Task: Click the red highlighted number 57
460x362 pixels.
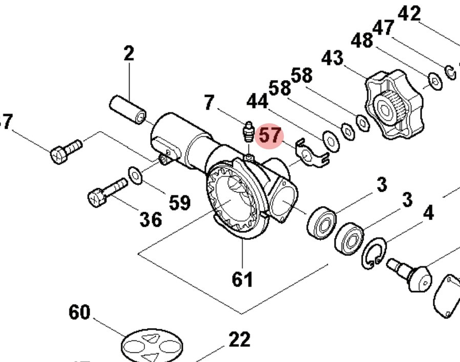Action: click(x=270, y=136)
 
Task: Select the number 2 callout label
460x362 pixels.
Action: click(x=129, y=53)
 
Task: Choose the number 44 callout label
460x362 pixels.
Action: click(x=257, y=102)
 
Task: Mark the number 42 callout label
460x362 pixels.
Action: click(x=409, y=13)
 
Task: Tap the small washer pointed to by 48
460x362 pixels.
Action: click(x=435, y=81)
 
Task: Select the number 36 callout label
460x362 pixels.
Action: click(x=151, y=219)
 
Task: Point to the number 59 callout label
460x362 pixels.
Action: click(x=180, y=203)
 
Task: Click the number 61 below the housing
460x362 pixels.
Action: click(x=242, y=279)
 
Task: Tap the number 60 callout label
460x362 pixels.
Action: click(x=79, y=312)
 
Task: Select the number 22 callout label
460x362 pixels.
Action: click(x=239, y=339)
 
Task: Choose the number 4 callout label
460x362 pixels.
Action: click(x=428, y=212)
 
